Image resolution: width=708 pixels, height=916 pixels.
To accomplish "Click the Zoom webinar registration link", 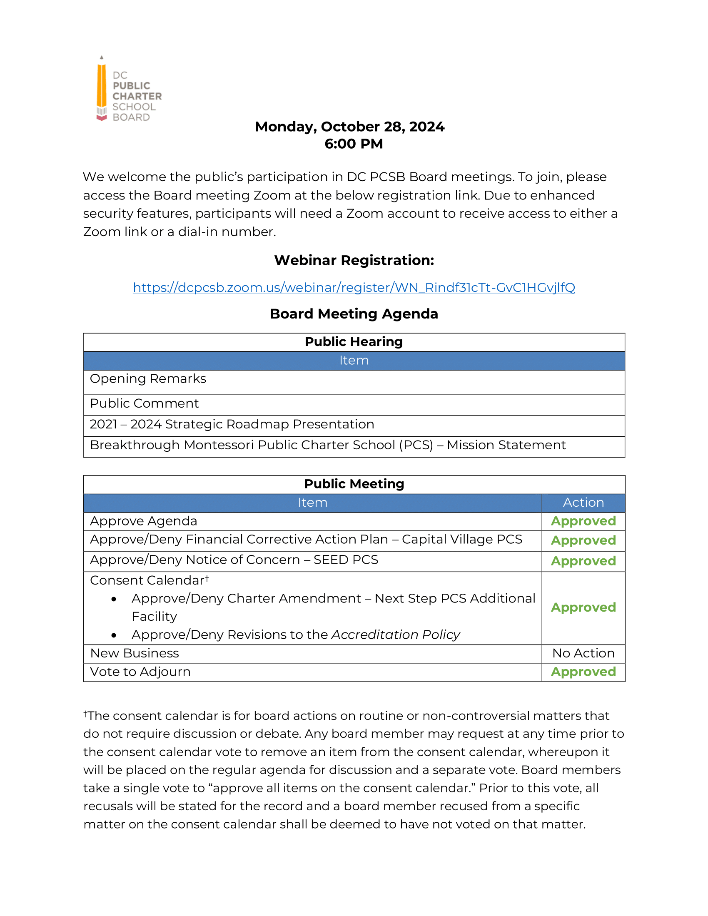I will [354, 287].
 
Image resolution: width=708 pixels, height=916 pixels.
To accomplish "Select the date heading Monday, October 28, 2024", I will [349, 127].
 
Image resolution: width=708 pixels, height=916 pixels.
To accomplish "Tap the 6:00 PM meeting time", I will [354, 144].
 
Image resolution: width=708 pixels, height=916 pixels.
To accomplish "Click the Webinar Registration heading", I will [354, 261].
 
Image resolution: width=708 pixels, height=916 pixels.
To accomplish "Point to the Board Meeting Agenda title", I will [354, 314].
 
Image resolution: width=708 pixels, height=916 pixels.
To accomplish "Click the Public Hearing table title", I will [354, 342].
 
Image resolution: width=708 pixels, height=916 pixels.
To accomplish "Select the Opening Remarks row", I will [148, 379].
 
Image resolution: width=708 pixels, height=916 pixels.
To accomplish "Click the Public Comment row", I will [144, 403].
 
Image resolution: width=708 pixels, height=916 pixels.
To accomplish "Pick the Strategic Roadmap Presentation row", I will [232, 424].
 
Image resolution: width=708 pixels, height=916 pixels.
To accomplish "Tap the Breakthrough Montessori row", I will [328, 445].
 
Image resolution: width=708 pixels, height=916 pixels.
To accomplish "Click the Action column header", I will [583, 503].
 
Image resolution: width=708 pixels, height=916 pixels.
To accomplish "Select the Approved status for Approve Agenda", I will [583, 521].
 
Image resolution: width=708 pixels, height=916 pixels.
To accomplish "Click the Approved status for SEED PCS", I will [583, 561].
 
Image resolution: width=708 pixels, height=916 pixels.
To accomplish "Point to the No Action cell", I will [583, 653].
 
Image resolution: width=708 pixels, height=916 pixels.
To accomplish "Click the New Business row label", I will [135, 653].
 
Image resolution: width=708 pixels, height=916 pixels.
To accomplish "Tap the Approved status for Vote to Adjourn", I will [583, 672].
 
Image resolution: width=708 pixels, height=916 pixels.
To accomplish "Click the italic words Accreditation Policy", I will [396, 635].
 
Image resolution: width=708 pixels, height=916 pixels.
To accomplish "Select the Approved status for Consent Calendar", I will [583, 608].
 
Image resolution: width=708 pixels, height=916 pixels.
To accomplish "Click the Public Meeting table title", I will [354, 484].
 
